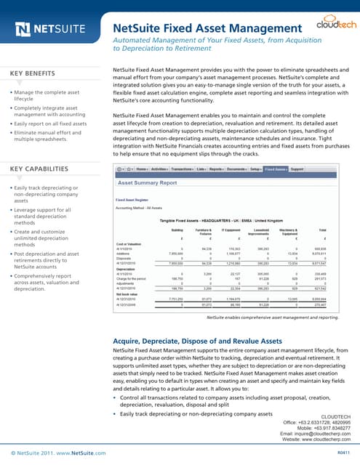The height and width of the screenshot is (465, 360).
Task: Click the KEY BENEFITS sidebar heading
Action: pyautogui.click(x=35, y=74)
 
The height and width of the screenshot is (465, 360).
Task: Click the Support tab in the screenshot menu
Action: pyautogui.click(x=297, y=169)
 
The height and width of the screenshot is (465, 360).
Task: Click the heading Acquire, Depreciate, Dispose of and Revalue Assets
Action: pyautogui.click(x=199, y=339)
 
